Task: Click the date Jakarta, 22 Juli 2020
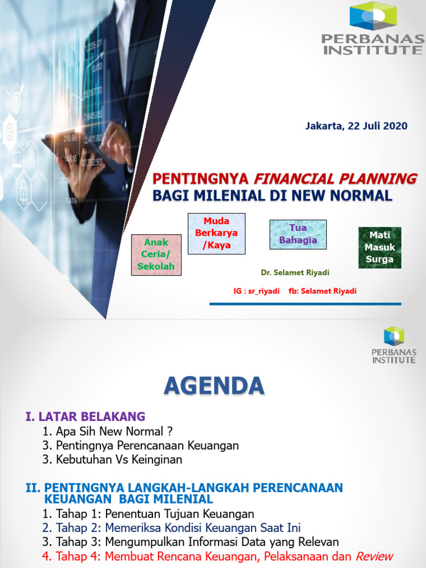(x=356, y=126)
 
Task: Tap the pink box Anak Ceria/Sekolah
(x=156, y=255)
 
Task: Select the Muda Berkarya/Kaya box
(x=216, y=234)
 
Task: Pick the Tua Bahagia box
(x=298, y=234)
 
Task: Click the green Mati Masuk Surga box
(x=379, y=247)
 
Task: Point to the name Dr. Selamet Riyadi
(x=295, y=273)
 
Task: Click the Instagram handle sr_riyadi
(x=265, y=291)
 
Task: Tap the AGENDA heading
(x=214, y=386)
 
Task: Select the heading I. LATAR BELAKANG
(x=85, y=416)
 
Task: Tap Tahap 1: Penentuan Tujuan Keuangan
(x=148, y=514)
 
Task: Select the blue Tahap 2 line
(x=171, y=528)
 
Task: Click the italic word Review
(x=374, y=556)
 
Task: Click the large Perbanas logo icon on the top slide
(x=372, y=16)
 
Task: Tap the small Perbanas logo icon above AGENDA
(x=393, y=336)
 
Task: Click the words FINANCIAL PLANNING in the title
(x=335, y=179)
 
